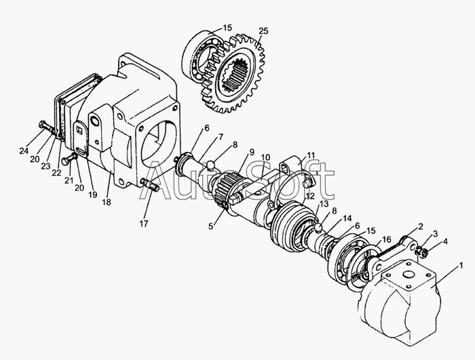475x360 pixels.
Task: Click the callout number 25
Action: (263, 31)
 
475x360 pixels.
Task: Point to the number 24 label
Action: (24, 150)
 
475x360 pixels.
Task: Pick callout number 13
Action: (324, 203)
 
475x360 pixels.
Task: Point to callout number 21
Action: (69, 181)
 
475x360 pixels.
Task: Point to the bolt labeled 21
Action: (66, 160)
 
